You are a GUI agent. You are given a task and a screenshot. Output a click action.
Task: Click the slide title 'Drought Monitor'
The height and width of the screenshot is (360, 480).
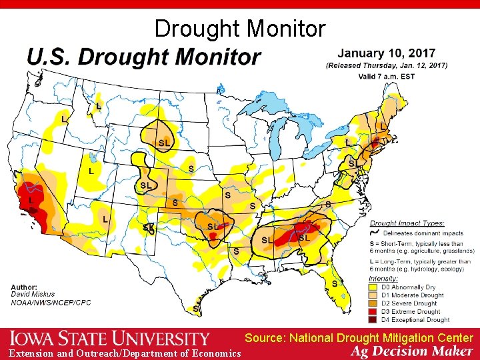(240, 29)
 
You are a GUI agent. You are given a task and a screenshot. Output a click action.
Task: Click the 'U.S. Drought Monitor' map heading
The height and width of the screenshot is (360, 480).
(143, 57)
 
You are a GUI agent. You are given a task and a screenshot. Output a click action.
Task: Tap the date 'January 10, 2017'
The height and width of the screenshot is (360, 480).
(387, 53)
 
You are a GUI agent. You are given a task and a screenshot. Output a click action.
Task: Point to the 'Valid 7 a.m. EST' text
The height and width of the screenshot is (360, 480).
(387, 76)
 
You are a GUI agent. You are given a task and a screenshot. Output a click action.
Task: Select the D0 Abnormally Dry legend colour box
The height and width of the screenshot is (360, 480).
(375, 287)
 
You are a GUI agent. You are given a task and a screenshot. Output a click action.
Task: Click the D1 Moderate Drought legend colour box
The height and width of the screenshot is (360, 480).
(375, 295)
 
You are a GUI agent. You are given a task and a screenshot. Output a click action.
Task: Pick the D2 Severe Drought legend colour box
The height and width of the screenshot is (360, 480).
(375, 303)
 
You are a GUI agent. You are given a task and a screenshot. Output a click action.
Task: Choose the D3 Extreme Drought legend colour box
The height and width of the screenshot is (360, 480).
(375, 311)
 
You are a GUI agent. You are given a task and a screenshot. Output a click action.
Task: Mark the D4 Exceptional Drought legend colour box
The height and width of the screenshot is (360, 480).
(375, 319)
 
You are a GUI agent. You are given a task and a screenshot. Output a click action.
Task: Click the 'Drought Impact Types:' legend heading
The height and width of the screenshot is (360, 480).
(407, 223)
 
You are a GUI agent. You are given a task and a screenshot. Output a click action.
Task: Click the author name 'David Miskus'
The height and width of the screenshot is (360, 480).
(33, 294)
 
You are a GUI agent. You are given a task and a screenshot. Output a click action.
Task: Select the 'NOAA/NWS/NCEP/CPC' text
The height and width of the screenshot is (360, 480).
(51, 302)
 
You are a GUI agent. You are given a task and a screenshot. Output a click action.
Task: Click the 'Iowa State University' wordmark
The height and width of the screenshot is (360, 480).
(109, 339)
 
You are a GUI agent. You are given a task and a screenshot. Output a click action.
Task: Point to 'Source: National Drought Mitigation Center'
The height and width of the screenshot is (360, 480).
(359, 339)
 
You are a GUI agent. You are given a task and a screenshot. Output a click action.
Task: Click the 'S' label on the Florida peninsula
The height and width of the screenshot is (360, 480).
(335, 284)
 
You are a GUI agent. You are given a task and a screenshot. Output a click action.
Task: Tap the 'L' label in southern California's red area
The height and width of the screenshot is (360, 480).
(30, 199)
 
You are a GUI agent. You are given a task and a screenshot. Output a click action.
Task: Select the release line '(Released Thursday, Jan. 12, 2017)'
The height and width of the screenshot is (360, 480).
(387, 65)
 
